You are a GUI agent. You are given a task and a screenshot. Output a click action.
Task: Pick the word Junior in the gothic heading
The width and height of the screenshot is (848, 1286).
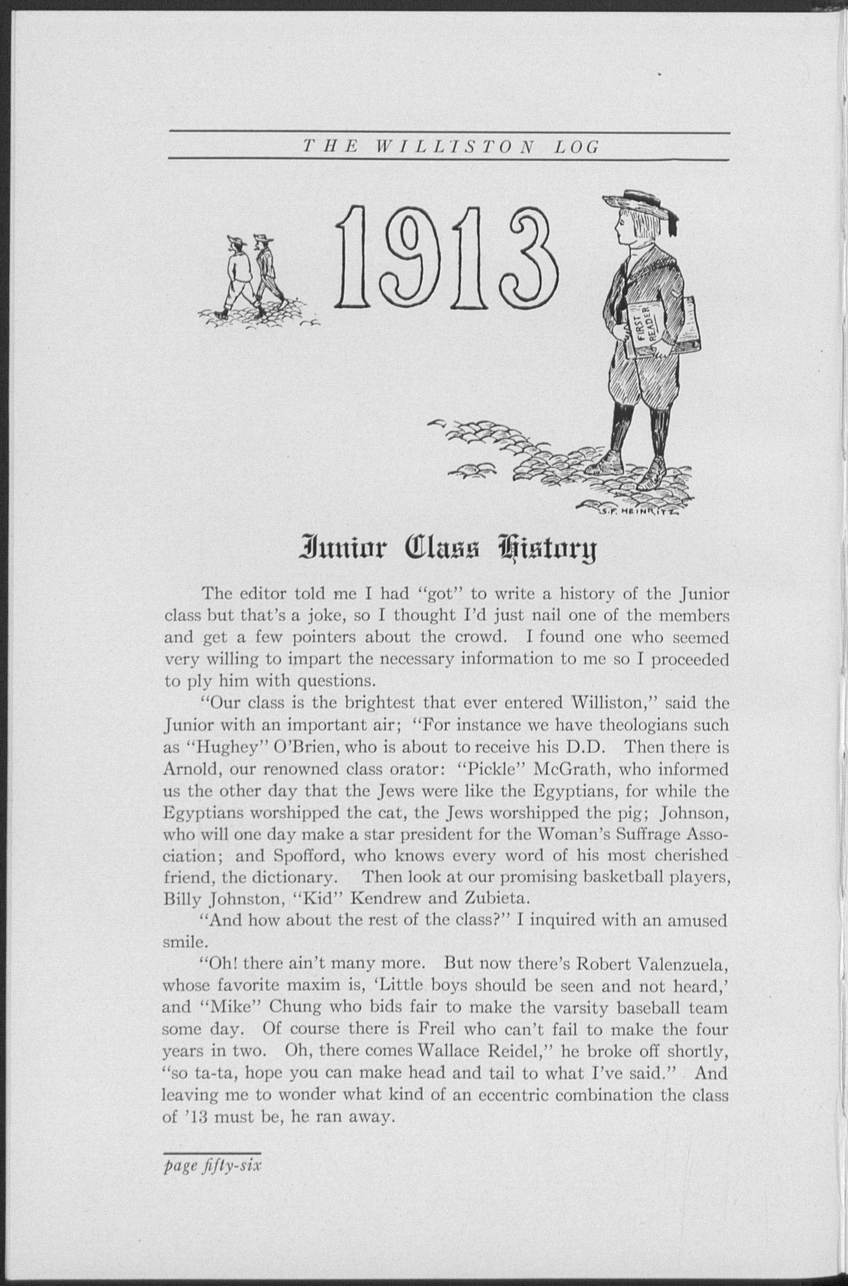(x=333, y=549)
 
